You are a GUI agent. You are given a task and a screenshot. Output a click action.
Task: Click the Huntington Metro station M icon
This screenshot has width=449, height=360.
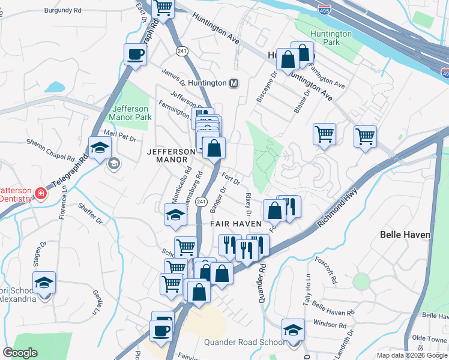click(234, 83)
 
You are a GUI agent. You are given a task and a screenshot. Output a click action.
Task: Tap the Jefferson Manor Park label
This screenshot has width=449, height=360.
click(131, 113)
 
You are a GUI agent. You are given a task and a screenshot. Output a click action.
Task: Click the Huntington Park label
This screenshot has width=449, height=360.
click(331, 38)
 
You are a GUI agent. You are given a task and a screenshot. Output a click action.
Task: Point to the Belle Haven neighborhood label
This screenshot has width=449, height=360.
click(405, 234)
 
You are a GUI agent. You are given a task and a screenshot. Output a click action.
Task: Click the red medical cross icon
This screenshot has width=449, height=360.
click(40, 193)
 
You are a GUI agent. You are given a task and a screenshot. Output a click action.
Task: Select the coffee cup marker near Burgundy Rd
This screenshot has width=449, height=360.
click(135, 54)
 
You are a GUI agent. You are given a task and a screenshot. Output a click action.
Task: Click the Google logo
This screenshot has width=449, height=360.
click(20, 352)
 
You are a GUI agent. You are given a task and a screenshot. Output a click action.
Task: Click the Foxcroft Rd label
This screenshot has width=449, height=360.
click(325, 271)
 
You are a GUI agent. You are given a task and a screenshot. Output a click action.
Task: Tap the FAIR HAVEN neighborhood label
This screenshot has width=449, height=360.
click(235, 224)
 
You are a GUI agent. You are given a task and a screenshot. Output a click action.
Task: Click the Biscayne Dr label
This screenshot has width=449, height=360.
click(267, 87)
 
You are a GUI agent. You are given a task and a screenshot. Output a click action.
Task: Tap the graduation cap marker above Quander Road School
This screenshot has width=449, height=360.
click(293, 330)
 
